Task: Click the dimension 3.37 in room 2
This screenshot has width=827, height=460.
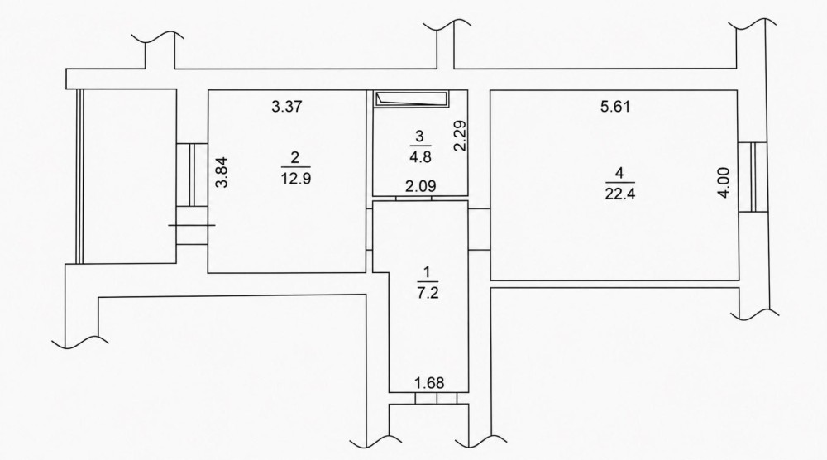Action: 286,107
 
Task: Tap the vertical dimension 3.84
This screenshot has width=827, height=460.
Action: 223,172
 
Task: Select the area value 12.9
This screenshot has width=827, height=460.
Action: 296,179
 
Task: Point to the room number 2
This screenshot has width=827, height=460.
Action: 295,157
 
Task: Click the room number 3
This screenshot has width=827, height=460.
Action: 420,137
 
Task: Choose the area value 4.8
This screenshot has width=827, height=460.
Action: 420,157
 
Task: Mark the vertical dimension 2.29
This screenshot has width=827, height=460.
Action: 461,137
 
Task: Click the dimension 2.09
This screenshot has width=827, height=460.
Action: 420,186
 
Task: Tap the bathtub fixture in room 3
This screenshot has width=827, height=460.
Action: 411,99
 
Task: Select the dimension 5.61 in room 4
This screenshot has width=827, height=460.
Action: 615,107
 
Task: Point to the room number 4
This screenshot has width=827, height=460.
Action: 619,172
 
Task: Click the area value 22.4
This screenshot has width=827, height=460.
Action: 620,194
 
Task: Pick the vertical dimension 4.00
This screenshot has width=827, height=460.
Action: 724,183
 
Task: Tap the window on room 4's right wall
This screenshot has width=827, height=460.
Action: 753,177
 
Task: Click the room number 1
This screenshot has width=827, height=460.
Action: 428,272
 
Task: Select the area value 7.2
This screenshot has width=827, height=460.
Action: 428,294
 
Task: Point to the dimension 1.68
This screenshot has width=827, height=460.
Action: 429,383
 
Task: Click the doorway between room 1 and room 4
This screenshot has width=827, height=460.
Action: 480,229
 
